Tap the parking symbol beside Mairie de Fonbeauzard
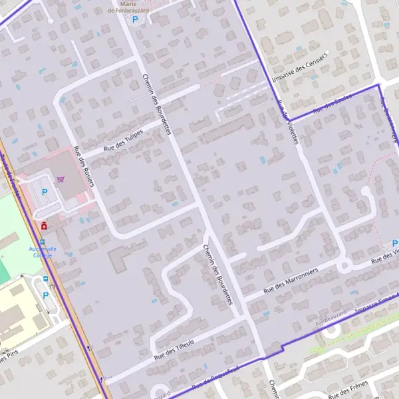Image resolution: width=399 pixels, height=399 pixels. coord(135,19)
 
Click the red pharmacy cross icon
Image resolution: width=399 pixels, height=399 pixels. coord(44,226)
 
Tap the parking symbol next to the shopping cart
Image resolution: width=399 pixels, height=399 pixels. coord(45,192)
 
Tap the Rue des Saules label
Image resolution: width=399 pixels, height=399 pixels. coord(334,104)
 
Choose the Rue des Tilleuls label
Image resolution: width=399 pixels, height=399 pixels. coord(174,350)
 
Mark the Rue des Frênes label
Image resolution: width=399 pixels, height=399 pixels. coord(348,388)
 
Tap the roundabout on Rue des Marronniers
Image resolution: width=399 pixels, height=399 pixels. coord(344,266)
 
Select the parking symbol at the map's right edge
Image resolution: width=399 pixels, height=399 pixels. coord(394,243)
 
